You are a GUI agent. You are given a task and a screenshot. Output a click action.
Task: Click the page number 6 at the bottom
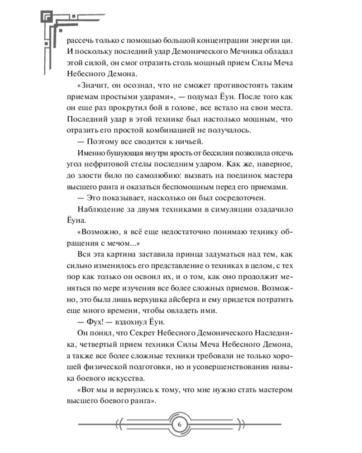pyautogui.click(x=179, y=424)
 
